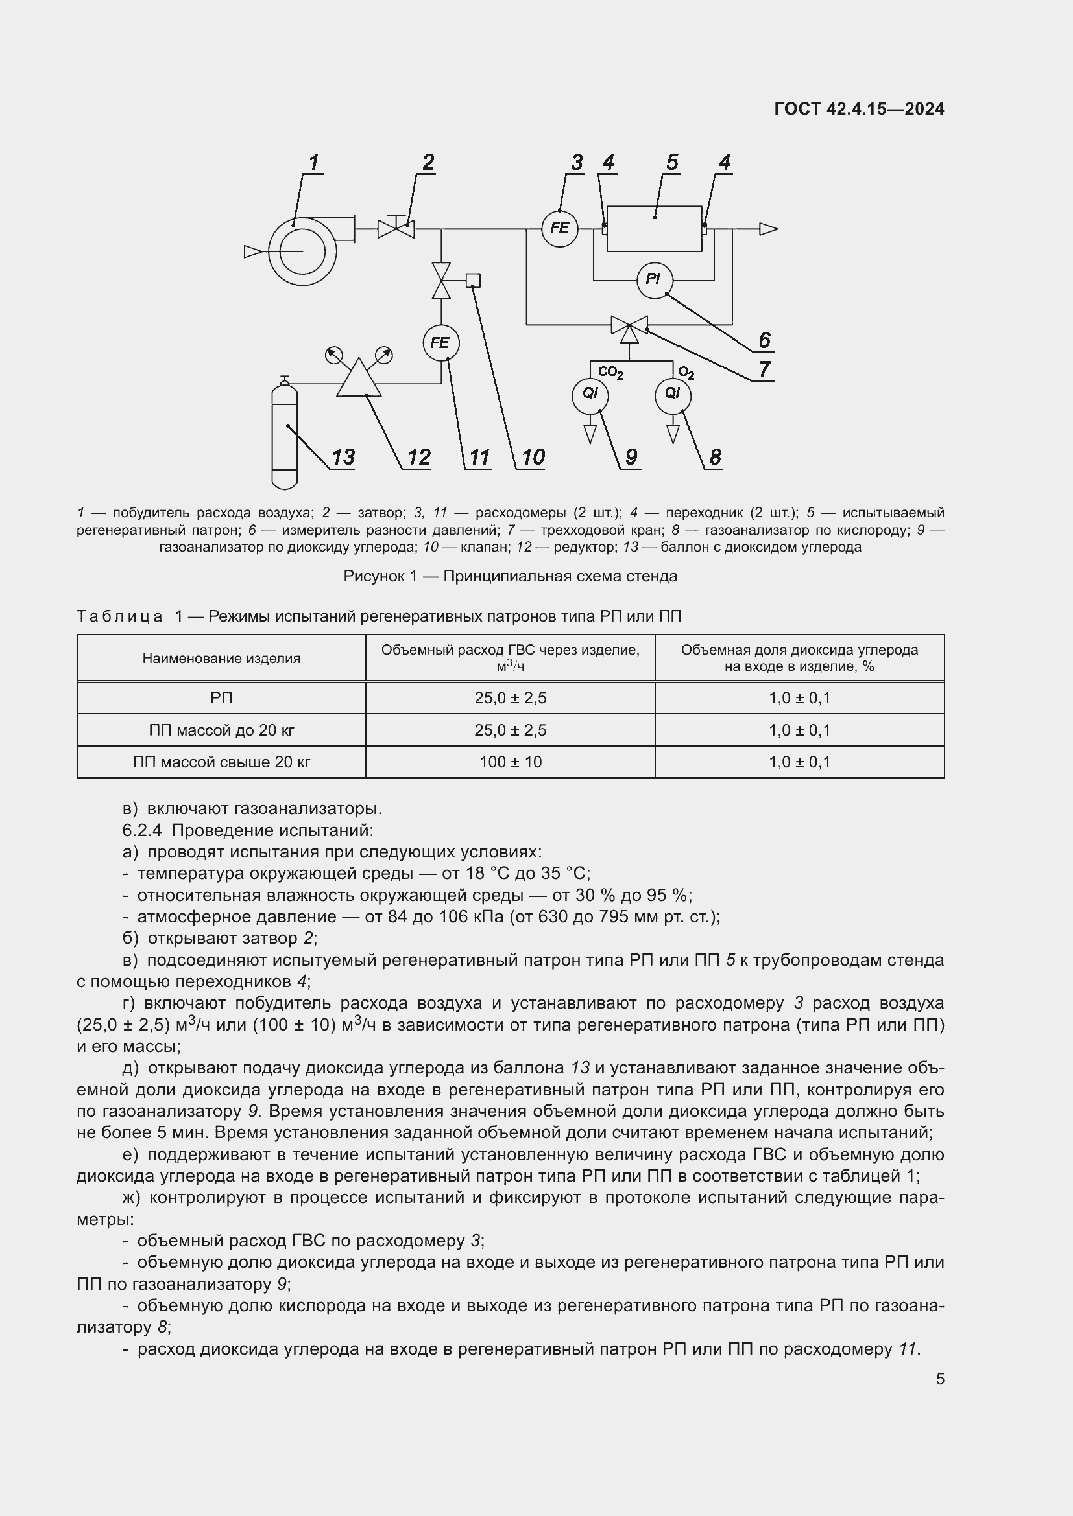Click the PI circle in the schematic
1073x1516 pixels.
(x=654, y=279)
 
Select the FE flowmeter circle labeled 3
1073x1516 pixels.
(x=560, y=228)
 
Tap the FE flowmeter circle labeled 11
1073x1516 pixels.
(x=440, y=343)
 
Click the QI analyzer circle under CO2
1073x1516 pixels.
(x=590, y=395)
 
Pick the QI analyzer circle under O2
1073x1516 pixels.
(x=673, y=395)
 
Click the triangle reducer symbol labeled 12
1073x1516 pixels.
(x=359, y=380)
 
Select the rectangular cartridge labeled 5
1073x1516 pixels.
(x=654, y=228)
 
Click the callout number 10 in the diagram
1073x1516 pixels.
(x=533, y=457)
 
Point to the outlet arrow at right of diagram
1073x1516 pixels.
(x=767, y=229)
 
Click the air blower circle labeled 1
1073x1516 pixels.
(x=302, y=251)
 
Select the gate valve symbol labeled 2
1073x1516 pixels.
(x=396, y=228)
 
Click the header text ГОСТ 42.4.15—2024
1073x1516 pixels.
(x=858, y=109)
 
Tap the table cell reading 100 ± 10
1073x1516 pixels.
(x=510, y=762)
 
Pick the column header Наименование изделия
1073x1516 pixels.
(x=221, y=659)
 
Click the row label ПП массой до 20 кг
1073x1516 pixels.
(x=221, y=730)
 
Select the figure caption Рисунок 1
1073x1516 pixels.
(x=510, y=576)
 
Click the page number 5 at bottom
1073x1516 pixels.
(x=939, y=1379)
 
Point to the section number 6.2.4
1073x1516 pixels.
(x=142, y=830)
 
